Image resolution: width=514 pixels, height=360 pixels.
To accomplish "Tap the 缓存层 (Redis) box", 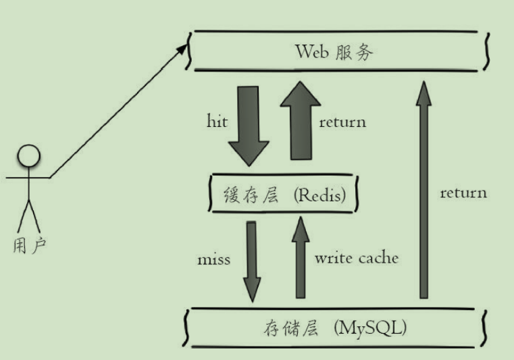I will click(x=283, y=196).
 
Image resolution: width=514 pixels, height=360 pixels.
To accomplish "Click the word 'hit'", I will click(x=216, y=122).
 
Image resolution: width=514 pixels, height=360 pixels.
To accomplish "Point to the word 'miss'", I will click(x=213, y=259).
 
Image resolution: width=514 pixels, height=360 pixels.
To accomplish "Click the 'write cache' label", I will click(x=357, y=257).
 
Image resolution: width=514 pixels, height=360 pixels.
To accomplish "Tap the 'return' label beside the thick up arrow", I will click(x=342, y=122).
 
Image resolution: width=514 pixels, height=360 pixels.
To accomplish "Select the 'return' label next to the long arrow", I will click(x=463, y=192).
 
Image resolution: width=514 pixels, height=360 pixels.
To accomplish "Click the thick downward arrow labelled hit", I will click(x=248, y=125).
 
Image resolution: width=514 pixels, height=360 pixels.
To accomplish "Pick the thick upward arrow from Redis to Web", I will click(x=301, y=122).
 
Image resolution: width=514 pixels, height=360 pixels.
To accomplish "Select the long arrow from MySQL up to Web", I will click(x=423, y=189).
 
